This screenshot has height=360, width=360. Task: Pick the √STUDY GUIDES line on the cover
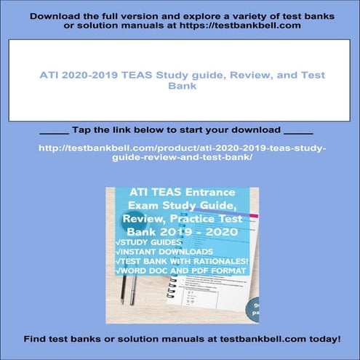pyautogui.click(x=146, y=243)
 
